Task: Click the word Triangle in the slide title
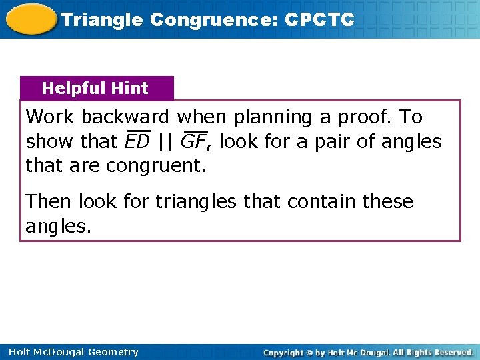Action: tap(102, 20)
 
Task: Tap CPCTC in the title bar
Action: tap(319, 20)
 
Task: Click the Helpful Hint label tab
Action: tap(95, 88)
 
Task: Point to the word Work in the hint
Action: tap(51, 117)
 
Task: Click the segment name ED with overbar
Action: tap(137, 141)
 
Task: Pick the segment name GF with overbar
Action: tap(193, 141)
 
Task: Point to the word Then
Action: tap(49, 201)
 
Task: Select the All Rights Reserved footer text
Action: tap(433, 352)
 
